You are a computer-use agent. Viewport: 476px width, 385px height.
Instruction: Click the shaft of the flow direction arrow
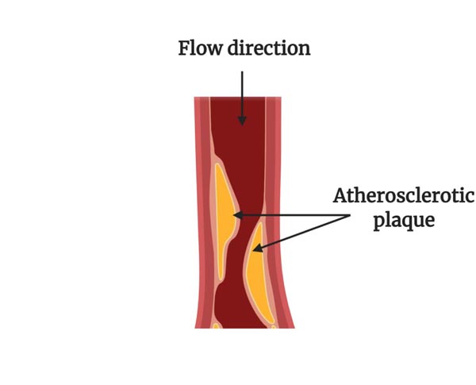pos(242,91)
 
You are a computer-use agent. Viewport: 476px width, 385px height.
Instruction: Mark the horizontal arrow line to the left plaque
pos(286,215)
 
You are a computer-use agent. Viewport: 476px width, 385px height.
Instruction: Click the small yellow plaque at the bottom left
pos(215,325)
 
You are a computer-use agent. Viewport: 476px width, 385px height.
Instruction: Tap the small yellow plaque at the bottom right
pos(273,325)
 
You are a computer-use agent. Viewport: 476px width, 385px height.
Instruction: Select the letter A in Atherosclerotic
pos(340,196)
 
